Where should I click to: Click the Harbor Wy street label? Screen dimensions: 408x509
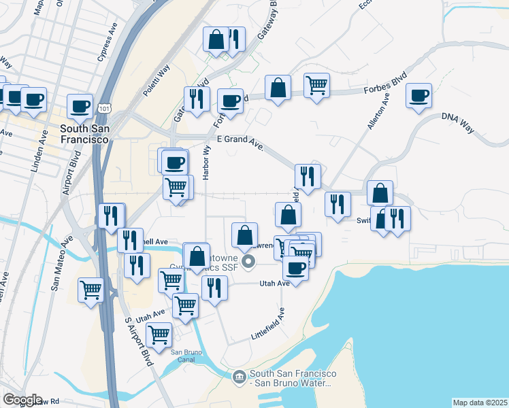click(x=206, y=167)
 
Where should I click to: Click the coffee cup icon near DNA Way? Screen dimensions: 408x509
click(x=420, y=95)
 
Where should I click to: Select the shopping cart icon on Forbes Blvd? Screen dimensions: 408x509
click(x=316, y=86)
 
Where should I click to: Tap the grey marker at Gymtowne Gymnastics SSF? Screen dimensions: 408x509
click(x=248, y=260)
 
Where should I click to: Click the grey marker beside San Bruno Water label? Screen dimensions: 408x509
click(x=239, y=376)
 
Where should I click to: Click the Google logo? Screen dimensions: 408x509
click(x=22, y=400)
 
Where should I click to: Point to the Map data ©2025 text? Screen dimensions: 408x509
click(x=480, y=403)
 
